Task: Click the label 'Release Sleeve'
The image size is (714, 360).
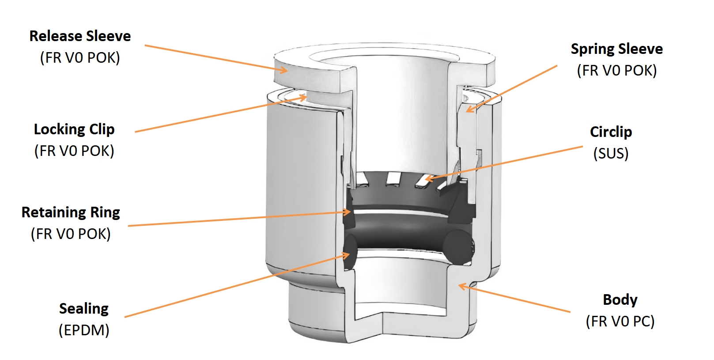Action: (80, 36)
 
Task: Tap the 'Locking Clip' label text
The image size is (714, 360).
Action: (74, 129)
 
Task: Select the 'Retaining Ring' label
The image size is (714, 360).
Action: (71, 212)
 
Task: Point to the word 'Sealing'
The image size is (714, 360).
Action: (84, 309)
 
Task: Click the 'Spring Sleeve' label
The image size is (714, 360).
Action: (617, 49)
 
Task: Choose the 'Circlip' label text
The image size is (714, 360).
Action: (611, 132)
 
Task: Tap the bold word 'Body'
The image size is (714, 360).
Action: (620, 300)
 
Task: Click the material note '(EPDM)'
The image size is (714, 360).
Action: (84, 330)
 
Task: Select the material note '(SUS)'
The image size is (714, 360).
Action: (611, 154)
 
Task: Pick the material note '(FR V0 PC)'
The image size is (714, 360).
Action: (620, 322)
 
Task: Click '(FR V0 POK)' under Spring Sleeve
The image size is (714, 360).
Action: (617, 71)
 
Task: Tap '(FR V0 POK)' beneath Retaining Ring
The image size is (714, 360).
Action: (71, 234)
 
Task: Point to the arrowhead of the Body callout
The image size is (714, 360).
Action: (463, 286)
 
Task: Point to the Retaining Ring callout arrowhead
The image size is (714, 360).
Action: (347, 212)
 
